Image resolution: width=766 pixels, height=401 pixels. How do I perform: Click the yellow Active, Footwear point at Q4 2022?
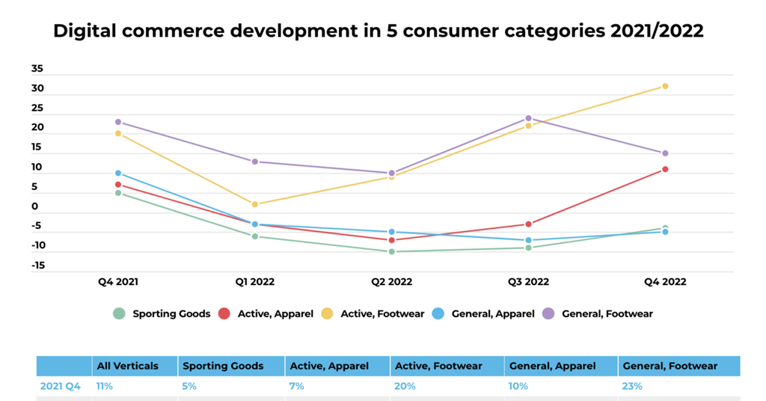664,86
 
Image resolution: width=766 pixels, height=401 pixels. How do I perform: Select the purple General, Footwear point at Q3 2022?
528,118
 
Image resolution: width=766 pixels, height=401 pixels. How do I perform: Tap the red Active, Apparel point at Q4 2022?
664,169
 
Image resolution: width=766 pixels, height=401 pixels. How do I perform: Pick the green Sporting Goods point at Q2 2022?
391,251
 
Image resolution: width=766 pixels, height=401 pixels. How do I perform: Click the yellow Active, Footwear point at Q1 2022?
255,204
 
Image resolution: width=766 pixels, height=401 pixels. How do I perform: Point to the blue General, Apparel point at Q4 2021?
118,173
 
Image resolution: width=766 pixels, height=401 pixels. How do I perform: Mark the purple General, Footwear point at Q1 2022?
255,162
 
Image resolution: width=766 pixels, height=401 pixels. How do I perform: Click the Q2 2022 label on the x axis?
391,282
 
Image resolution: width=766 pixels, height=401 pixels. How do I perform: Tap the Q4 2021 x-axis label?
118,282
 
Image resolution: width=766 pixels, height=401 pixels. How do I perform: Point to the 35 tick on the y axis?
37,69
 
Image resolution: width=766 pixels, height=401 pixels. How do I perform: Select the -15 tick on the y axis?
37,265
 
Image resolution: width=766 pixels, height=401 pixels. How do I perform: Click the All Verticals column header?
127,366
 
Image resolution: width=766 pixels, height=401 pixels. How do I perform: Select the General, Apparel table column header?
552,366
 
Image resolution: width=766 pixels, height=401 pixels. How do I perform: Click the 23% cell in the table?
632,386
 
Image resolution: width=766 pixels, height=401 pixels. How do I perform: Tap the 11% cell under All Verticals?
104,386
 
